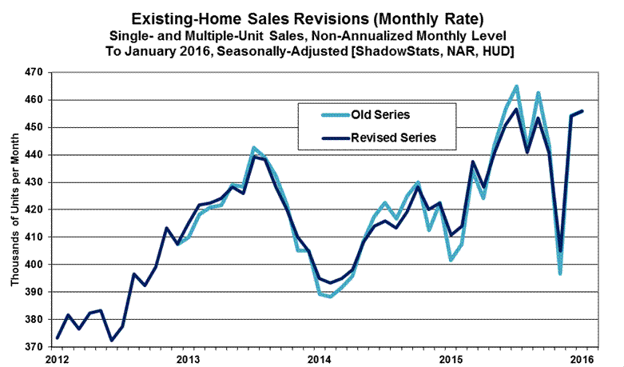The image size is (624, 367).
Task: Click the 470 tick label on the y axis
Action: [x=36, y=72]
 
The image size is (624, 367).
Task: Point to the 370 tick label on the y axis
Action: [x=36, y=346]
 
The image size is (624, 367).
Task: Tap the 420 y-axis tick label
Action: [x=36, y=209]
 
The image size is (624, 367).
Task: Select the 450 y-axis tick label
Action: [x=36, y=127]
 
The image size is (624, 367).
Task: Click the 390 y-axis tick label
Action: [x=36, y=292]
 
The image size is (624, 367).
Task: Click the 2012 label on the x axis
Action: [x=55, y=357]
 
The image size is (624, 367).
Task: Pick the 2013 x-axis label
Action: [x=187, y=357]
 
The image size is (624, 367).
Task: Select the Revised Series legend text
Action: [x=389, y=137]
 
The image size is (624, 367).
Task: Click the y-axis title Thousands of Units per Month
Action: [x=15, y=210]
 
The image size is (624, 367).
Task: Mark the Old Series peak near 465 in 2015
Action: [x=516, y=86]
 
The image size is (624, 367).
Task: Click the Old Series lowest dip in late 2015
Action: [x=560, y=274]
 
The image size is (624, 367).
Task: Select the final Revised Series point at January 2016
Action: [x=582, y=111]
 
